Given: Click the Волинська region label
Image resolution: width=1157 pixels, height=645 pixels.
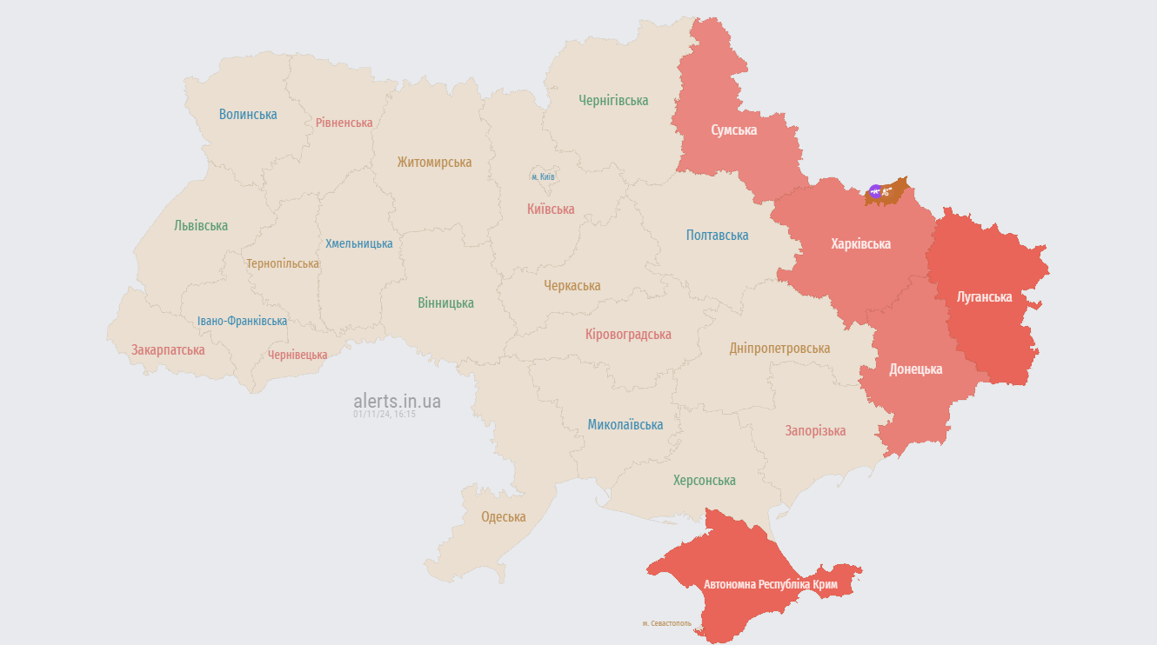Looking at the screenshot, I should [248, 114].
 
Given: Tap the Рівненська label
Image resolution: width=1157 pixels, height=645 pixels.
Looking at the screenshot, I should [344, 123].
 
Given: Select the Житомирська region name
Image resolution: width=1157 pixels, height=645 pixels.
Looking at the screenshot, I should [434, 162].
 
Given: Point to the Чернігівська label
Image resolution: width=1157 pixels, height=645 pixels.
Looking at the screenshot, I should [613, 100].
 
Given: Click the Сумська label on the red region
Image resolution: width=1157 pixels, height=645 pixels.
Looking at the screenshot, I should [733, 130].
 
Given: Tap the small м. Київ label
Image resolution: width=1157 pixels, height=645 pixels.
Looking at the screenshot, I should [543, 176].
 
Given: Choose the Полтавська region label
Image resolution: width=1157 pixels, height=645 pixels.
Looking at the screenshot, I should [717, 235].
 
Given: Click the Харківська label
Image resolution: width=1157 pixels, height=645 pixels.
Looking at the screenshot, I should [860, 243].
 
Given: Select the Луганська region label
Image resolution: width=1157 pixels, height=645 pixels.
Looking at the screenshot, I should [984, 296].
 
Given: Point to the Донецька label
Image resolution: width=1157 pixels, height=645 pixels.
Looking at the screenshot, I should [915, 369].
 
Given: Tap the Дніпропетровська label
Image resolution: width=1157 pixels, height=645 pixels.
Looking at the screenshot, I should [779, 348].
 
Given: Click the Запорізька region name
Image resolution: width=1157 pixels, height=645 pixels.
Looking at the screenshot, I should [815, 430].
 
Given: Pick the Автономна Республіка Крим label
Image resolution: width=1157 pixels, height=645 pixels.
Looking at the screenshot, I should [771, 584].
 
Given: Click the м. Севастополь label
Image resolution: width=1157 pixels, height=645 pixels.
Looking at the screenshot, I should [666, 623].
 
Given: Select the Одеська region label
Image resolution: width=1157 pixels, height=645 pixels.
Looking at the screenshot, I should [504, 516].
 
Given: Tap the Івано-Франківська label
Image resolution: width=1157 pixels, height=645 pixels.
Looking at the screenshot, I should [242, 321].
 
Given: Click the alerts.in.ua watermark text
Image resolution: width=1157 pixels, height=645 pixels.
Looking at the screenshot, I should [397, 401].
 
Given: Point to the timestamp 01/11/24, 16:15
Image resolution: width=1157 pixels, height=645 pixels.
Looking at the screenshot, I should [385, 415].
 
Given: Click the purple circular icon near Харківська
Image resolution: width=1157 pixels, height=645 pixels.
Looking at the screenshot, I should [875, 191].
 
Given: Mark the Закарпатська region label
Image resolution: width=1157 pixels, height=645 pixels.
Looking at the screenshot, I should [168, 349].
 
